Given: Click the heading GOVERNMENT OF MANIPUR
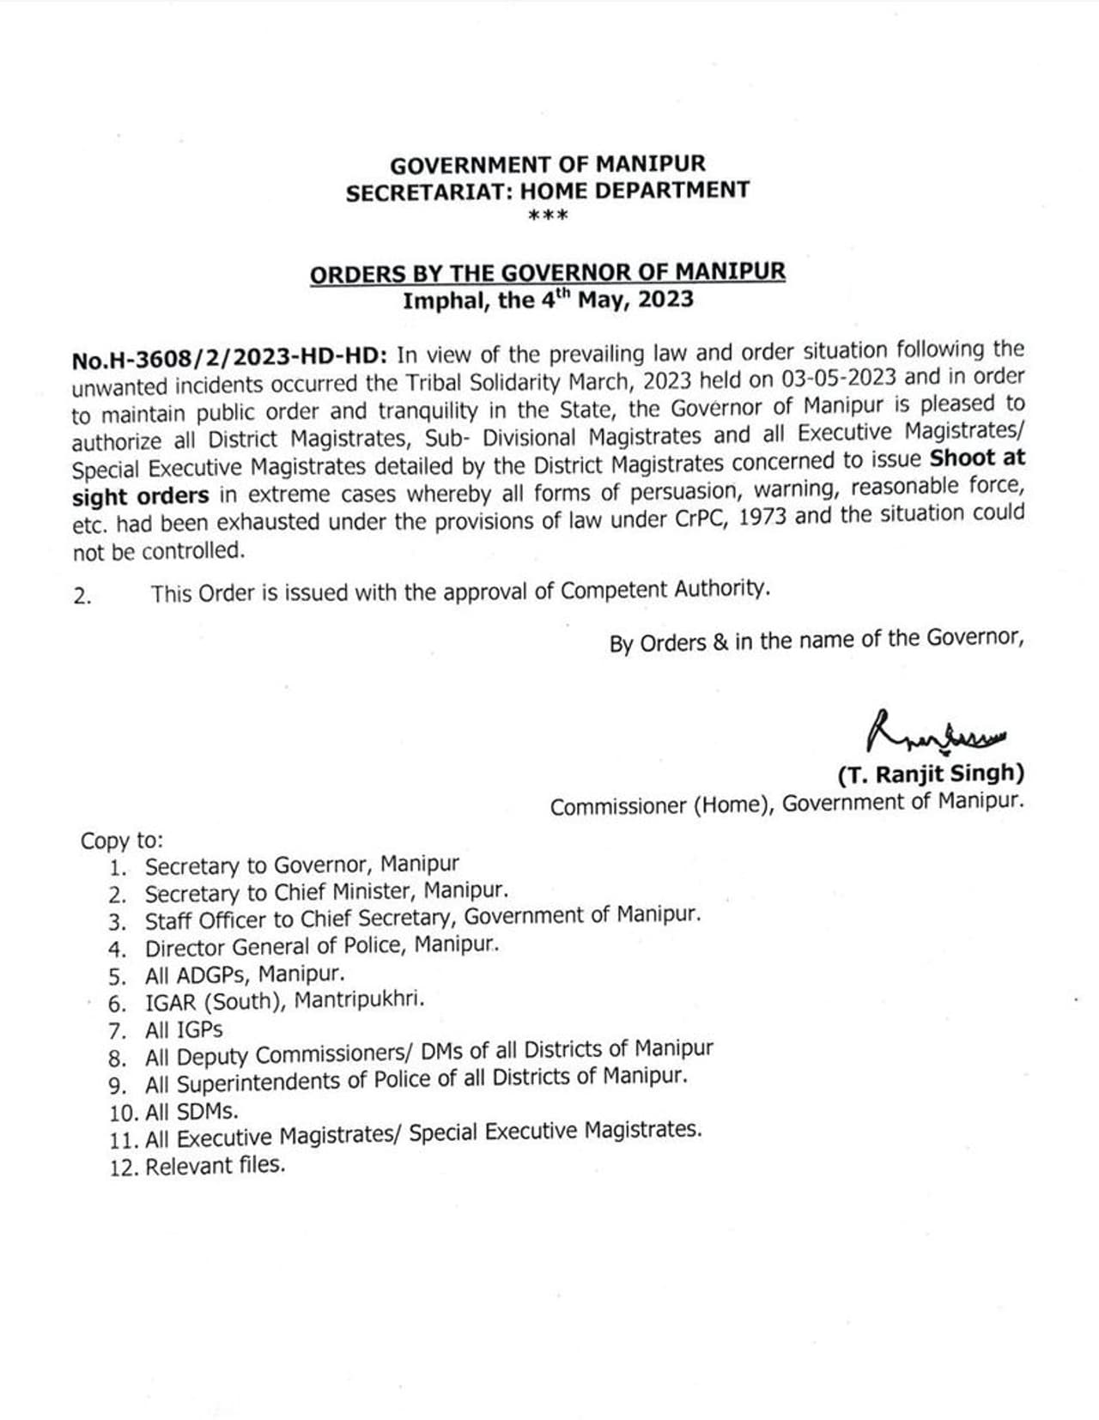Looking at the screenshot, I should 548,164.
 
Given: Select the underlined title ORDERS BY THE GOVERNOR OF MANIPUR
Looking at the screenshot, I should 548,273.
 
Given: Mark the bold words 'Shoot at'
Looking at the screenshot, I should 977,458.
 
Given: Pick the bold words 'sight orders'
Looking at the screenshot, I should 141,497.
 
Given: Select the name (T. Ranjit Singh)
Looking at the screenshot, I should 931,774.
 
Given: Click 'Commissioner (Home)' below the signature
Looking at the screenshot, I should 659,807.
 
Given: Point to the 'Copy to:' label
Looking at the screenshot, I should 121,840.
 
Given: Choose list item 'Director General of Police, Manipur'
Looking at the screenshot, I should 321,947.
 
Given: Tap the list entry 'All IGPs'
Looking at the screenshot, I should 184,1029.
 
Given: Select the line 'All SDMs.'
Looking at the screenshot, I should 191,1112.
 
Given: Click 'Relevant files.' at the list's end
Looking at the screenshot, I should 215,1166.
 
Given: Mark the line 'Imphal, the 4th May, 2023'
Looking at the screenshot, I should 548,300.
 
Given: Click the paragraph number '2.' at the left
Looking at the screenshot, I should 82,596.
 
